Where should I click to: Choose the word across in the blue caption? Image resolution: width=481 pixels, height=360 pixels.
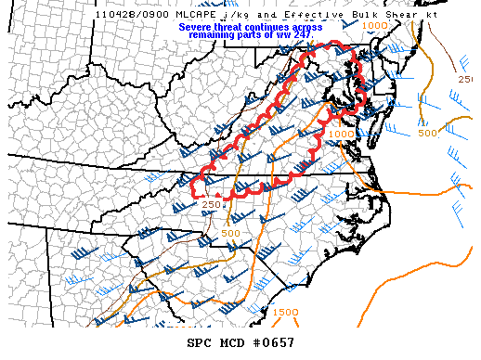click(309, 27)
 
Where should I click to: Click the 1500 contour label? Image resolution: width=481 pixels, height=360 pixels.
click(285, 312)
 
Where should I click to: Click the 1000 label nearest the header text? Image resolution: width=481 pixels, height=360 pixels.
click(375, 26)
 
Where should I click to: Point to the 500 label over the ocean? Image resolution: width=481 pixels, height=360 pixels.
click(426, 133)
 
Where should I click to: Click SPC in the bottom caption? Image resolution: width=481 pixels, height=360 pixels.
click(200, 342)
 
